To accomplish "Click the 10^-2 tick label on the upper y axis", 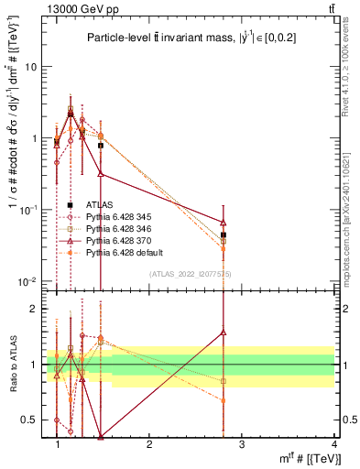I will coord(29,281).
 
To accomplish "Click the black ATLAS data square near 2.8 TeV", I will coord(224,235).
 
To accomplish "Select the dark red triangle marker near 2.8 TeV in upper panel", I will coord(224,222).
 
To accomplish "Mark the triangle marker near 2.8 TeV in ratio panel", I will coord(224,333).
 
